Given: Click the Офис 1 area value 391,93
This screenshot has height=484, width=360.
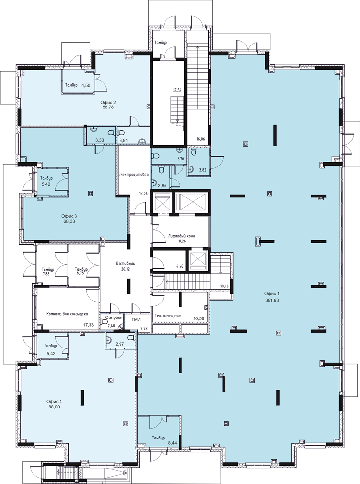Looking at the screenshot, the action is (x=271, y=300).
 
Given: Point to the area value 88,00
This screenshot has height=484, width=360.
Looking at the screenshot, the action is (x=54, y=407).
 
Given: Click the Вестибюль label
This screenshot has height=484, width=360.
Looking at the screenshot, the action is (x=125, y=264).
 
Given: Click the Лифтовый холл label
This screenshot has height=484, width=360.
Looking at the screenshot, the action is (x=182, y=236).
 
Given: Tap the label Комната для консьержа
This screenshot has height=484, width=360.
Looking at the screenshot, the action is (x=67, y=314).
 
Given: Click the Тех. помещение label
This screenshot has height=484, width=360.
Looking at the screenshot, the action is (x=168, y=316).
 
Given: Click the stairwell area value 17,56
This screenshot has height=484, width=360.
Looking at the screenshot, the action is (x=177, y=90).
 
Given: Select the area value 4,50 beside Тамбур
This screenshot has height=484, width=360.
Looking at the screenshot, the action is (x=86, y=86).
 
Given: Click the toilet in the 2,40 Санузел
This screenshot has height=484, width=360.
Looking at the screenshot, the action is (x=104, y=322).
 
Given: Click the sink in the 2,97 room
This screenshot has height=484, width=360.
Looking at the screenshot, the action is (x=108, y=340).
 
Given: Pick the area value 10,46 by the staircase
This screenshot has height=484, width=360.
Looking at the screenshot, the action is (x=224, y=286).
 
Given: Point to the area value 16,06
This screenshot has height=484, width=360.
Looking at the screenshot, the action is (x=200, y=139).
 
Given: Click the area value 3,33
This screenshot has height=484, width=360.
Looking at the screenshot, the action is (x=99, y=140).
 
